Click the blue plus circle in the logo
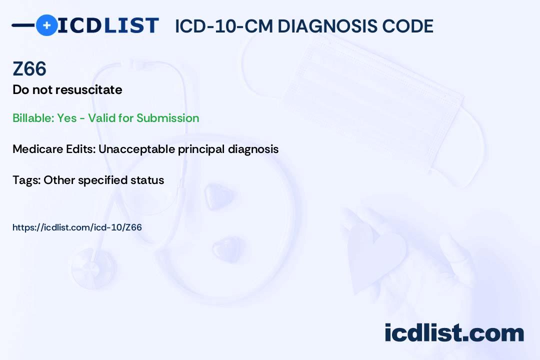point(46,25)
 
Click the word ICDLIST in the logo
point(108,25)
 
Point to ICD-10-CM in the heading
point(224,26)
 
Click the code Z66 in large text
point(29,69)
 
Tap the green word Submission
point(167,118)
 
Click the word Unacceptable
point(136,149)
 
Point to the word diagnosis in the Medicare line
point(253,149)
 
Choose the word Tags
point(26,180)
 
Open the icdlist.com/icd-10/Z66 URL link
point(77,227)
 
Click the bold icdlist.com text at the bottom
point(454,332)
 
